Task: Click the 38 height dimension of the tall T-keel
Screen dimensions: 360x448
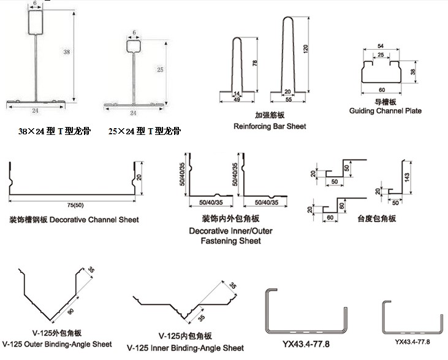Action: point(66,53)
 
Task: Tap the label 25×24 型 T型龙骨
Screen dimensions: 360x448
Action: point(145,131)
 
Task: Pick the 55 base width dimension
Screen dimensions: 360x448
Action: point(288,99)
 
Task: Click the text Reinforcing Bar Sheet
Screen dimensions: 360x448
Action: point(270,126)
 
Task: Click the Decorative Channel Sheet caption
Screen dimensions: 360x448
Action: point(74,220)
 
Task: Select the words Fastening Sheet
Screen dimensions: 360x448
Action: point(230,241)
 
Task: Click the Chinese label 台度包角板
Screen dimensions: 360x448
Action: point(376,219)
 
